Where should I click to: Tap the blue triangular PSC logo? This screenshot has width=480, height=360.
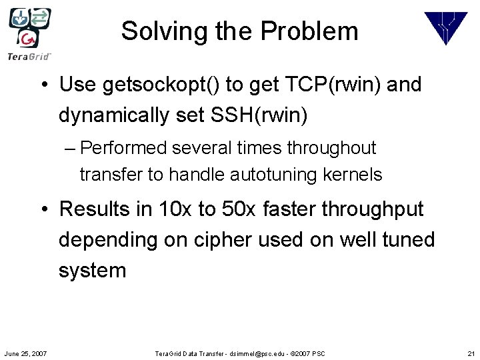(x=446, y=29)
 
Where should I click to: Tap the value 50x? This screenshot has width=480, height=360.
(x=237, y=209)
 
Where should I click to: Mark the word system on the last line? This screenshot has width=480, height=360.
(x=92, y=271)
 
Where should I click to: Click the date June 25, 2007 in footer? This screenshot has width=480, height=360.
(x=25, y=353)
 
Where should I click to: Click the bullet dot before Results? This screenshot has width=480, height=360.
(x=43, y=209)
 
